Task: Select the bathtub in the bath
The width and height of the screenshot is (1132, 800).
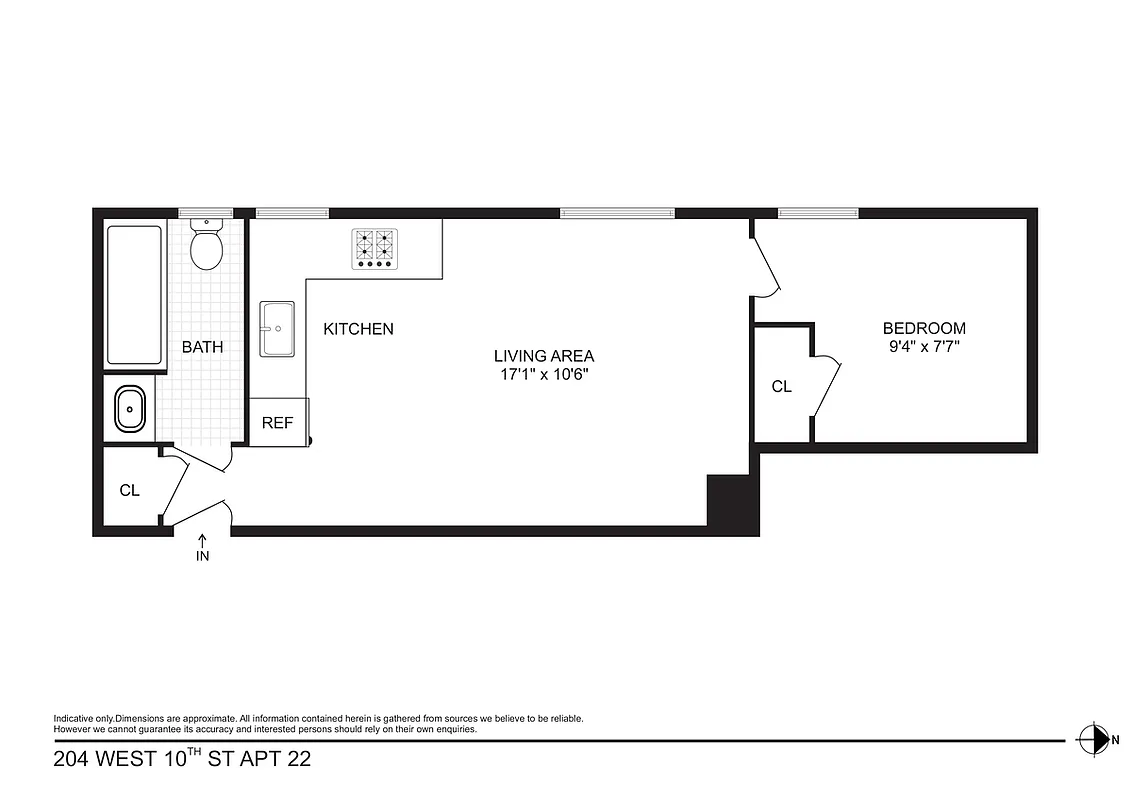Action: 134,296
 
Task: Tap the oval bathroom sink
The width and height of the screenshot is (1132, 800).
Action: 130,409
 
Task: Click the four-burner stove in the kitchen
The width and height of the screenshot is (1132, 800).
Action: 373,248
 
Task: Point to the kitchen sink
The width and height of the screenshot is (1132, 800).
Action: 277,329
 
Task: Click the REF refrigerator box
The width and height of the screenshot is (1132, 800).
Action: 278,422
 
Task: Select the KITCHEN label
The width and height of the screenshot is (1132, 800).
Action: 358,329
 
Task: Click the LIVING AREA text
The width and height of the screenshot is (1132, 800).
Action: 543,355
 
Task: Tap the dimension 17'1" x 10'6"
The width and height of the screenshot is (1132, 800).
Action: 543,375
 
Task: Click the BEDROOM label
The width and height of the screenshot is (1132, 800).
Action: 923,328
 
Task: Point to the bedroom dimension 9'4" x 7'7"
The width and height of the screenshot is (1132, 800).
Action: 923,348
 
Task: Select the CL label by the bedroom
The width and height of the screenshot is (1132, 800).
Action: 781,386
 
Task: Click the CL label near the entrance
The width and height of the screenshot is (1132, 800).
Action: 129,491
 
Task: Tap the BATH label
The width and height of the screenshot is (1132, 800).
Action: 202,348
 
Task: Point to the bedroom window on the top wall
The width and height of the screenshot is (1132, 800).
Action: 818,213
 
